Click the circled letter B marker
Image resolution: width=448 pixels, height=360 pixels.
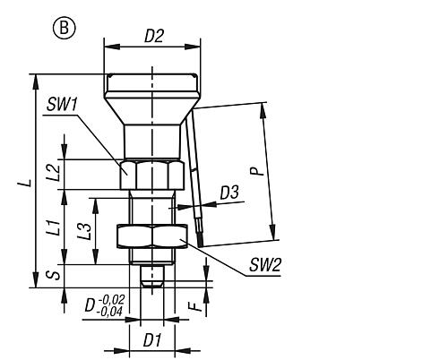click(x=65, y=29)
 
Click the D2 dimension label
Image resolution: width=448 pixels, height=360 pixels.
click(x=154, y=36)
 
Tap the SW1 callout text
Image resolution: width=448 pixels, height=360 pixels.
click(x=62, y=105)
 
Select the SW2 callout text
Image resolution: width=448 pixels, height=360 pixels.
click(x=265, y=265)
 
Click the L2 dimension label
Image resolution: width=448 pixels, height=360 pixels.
click(x=54, y=173)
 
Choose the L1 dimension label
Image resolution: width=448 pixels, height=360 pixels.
click(x=55, y=227)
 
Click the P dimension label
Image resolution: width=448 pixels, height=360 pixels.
click(x=257, y=171)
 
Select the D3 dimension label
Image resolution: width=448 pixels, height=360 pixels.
click(x=229, y=193)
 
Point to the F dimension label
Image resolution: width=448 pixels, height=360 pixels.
click(x=195, y=306)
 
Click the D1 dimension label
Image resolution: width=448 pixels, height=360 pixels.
click(x=152, y=340)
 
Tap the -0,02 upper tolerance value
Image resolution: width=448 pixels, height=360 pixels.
click(x=111, y=299)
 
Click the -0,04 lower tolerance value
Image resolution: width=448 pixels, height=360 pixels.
click(x=109, y=312)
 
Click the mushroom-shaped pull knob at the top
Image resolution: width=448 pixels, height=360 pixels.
click(x=152, y=100)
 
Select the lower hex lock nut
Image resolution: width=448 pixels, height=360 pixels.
click(x=152, y=236)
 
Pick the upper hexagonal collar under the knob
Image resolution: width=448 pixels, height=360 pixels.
click(x=152, y=175)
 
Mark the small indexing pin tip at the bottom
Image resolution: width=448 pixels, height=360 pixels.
click(x=152, y=276)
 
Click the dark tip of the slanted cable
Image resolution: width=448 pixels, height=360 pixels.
click(x=199, y=241)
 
